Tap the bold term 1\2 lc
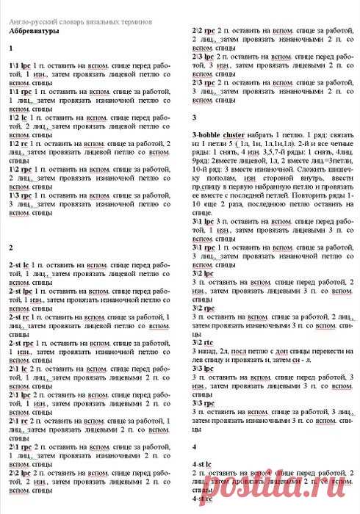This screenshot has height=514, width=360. click(21, 117)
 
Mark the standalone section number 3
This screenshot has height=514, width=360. click(194, 117)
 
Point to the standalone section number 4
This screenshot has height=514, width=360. click(194, 447)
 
